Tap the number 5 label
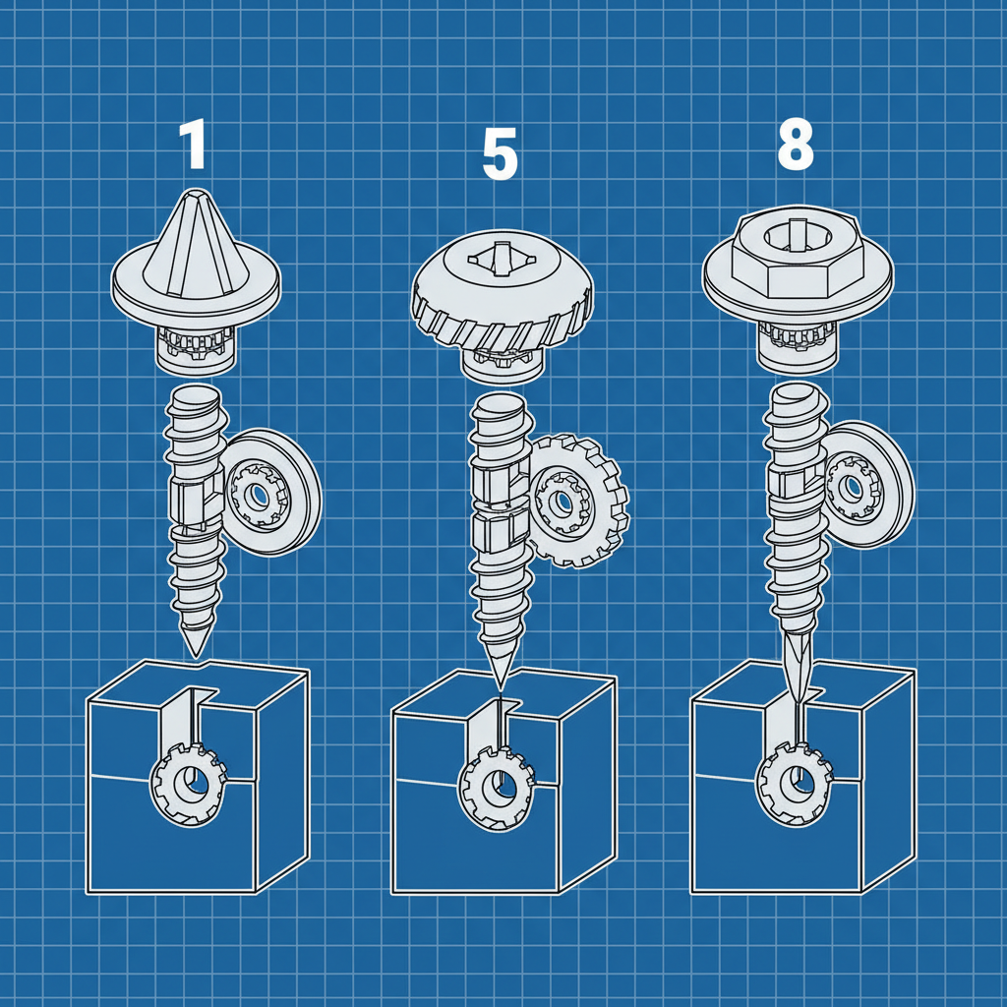coord(500,155)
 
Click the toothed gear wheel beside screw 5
coord(575,502)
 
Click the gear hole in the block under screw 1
coord(189,784)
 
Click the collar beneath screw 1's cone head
coord(197,350)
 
